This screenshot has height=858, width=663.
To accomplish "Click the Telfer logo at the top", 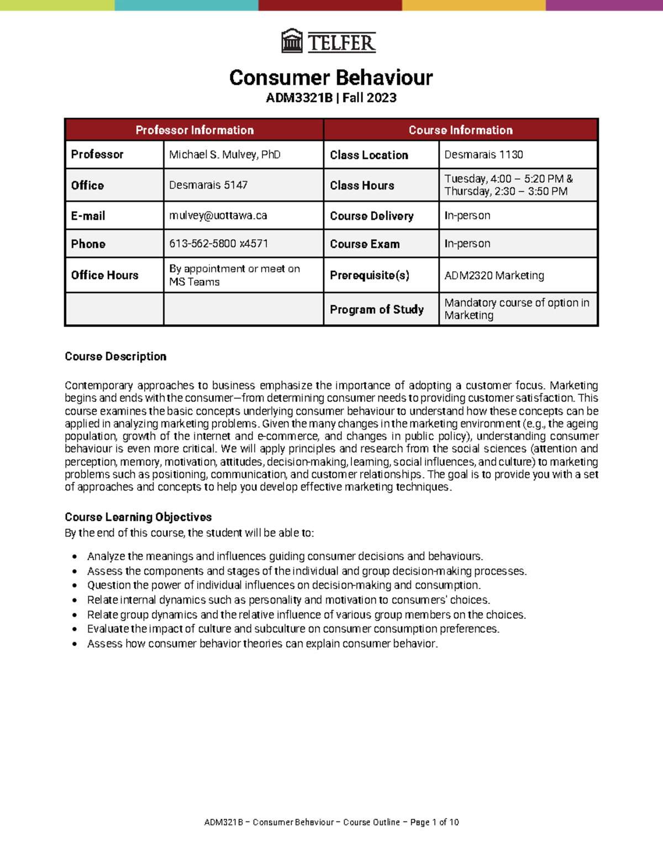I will tap(329, 41).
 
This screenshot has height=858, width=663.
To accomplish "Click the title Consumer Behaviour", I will tap(331, 77).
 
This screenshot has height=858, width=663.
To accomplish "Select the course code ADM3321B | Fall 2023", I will tap(331, 98).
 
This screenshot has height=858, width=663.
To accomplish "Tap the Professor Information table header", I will tap(194, 130).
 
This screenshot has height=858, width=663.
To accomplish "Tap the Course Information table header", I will tap(460, 130).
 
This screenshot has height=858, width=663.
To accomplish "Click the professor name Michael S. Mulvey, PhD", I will tap(224, 155).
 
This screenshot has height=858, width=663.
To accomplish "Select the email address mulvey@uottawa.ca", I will tap(218, 215).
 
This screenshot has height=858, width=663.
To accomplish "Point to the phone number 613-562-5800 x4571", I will tap(218, 244).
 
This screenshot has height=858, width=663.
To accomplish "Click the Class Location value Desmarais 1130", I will tap(483, 155).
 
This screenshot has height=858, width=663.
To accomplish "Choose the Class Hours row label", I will tap(362, 186).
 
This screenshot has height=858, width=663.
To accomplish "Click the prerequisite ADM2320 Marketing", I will tap(494, 275).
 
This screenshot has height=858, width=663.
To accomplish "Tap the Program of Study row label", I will tap(376, 309).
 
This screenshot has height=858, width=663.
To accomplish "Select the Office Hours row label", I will tap(104, 275).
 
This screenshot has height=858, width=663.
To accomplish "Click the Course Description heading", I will tap(115, 356).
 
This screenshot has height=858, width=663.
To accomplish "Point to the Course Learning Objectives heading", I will tap(138, 517).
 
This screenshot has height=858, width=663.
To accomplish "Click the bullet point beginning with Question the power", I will tap(283, 585).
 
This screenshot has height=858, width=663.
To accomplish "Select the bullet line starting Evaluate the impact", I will tap(293, 629).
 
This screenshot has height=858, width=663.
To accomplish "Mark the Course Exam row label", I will tap(365, 244).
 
